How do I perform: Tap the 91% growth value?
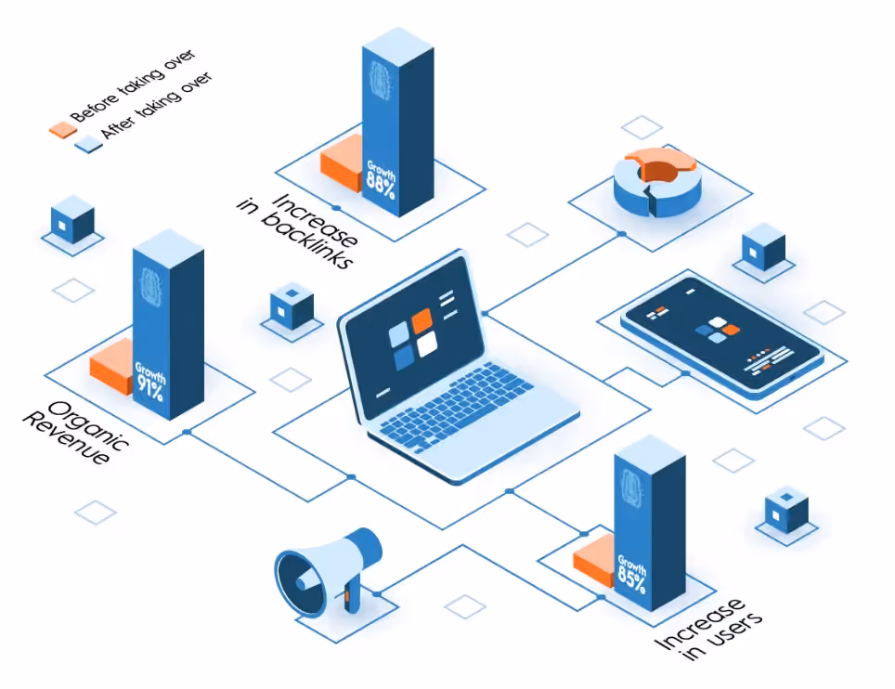click(150, 387)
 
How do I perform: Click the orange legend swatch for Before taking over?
click(63, 130)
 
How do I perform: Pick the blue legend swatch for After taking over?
click(88, 144)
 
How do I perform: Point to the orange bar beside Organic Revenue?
click(111, 366)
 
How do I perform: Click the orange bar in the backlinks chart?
click(342, 163)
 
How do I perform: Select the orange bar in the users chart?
click(594, 561)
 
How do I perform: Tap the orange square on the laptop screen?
click(422, 320)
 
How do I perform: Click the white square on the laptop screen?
click(427, 344)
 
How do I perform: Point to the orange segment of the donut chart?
click(660, 162)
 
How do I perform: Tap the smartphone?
click(722, 337)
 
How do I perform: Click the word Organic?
click(89, 426)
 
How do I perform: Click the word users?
click(733, 633)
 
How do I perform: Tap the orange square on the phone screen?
click(730, 330)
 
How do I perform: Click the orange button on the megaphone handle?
click(346, 596)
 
